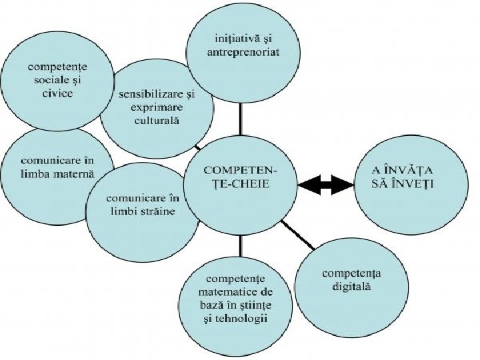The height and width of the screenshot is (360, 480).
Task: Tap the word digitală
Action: (x=346, y=287)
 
